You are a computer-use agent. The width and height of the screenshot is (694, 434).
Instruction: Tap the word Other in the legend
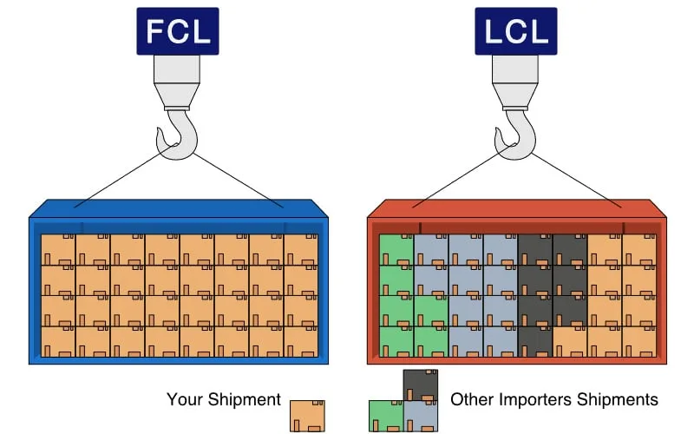click(470, 400)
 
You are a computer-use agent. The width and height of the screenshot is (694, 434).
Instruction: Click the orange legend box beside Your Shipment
click(307, 415)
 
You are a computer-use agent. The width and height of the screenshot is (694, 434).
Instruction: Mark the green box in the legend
click(386, 416)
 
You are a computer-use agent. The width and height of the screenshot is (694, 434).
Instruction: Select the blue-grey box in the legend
click(421, 416)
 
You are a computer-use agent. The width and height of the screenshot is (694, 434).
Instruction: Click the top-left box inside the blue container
click(58, 249)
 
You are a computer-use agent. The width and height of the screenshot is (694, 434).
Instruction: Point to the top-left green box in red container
click(396, 249)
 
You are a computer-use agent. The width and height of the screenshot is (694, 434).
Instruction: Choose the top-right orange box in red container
click(639, 249)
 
